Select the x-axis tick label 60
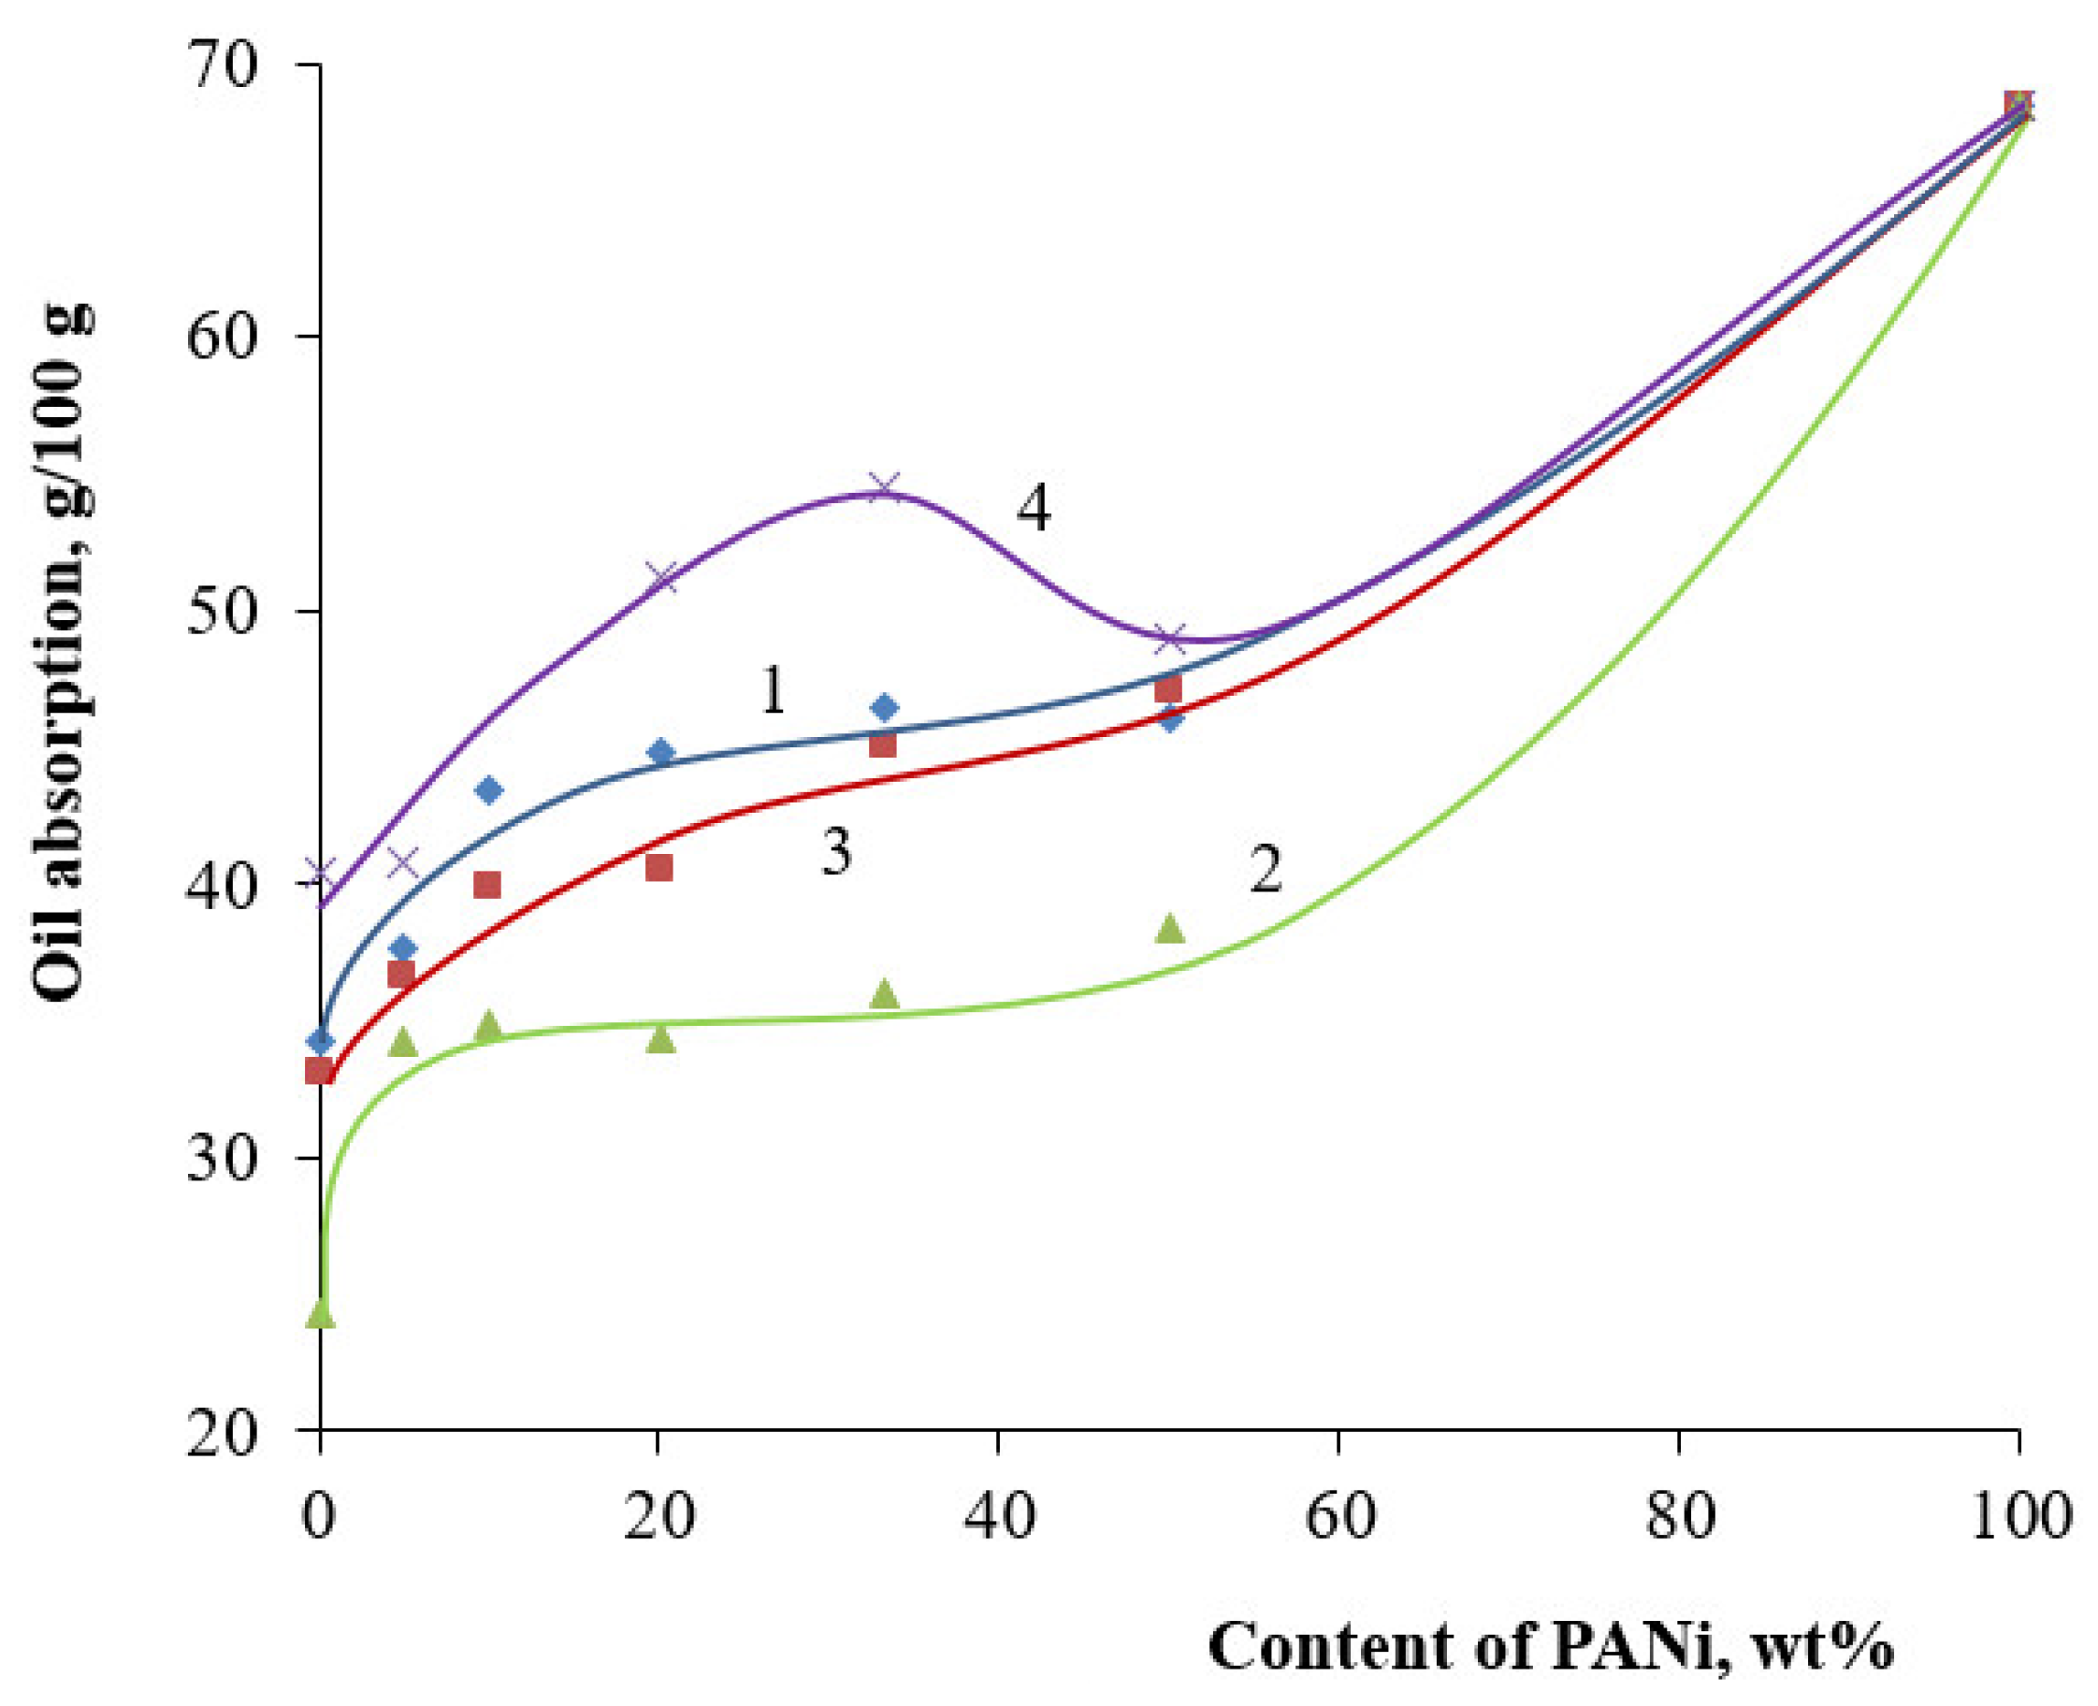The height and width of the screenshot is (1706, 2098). click(x=1338, y=1516)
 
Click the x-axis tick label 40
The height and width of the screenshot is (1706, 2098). click(x=998, y=1516)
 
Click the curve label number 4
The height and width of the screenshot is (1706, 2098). click(x=1033, y=509)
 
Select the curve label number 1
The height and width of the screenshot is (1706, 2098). click(x=774, y=691)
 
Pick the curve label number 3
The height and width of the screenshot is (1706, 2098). click(x=835, y=852)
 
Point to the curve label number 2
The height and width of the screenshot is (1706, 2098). click(x=1266, y=870)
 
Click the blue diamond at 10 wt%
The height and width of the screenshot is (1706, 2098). click(x=488, y=790)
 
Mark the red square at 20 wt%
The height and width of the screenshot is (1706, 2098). click(x=659, y=868)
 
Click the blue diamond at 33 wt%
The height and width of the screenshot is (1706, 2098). click(x=885, y=706)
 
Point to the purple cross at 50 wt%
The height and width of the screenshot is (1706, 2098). click(x=1170, y=639)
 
